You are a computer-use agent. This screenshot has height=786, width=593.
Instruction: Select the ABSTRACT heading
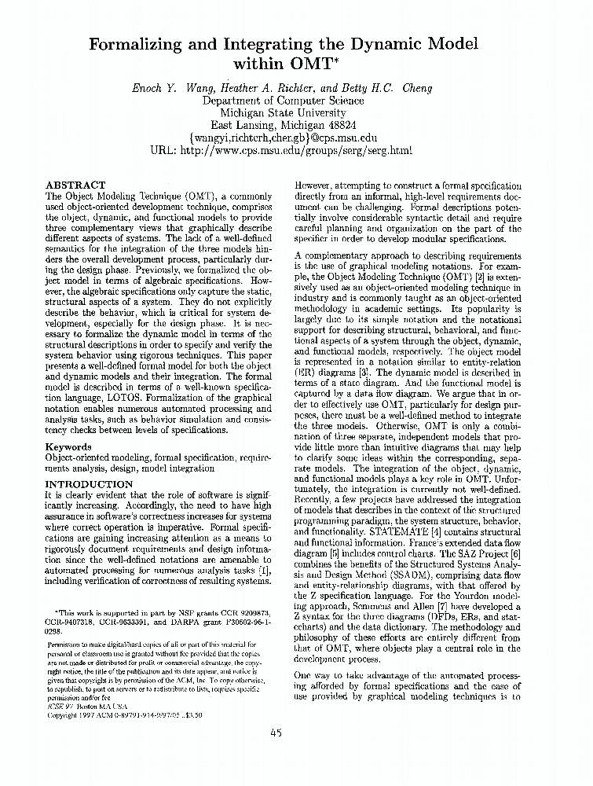(x=75, y=185)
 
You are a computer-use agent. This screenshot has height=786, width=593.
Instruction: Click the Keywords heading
(x=68, y=446)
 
